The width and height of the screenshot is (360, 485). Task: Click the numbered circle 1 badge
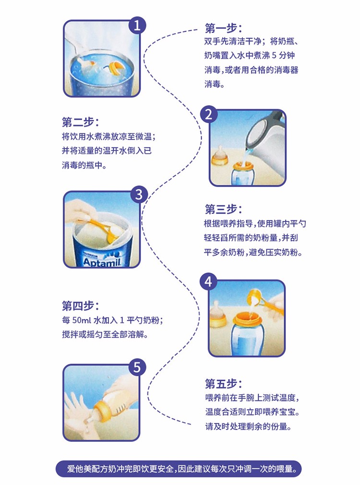(137, 25)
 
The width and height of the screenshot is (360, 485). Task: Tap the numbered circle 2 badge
(209, 114)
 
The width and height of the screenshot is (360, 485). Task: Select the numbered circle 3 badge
(139, 194)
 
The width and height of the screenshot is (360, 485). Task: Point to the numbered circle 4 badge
(208, 281)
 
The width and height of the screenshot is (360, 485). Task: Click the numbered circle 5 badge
(137, 367)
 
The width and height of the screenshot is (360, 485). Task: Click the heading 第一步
(223, 28)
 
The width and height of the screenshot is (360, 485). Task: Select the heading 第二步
(80, 122)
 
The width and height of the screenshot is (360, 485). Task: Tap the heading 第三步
(223, 209)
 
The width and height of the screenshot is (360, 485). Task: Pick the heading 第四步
(80, 306)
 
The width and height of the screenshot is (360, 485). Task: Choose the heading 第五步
(223, 384)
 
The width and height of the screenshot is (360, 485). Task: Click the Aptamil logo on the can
(101, 262)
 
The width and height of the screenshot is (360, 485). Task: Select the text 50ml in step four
(81, 320)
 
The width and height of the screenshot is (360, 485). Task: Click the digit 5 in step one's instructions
(274, 55)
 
